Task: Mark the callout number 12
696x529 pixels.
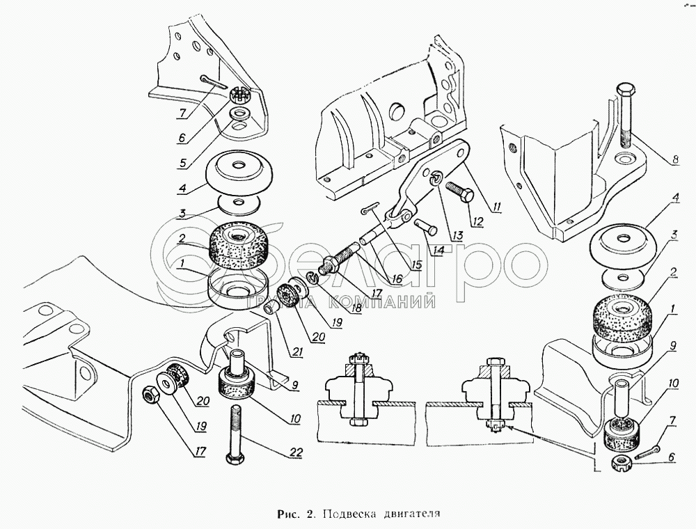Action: pos(477,221)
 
